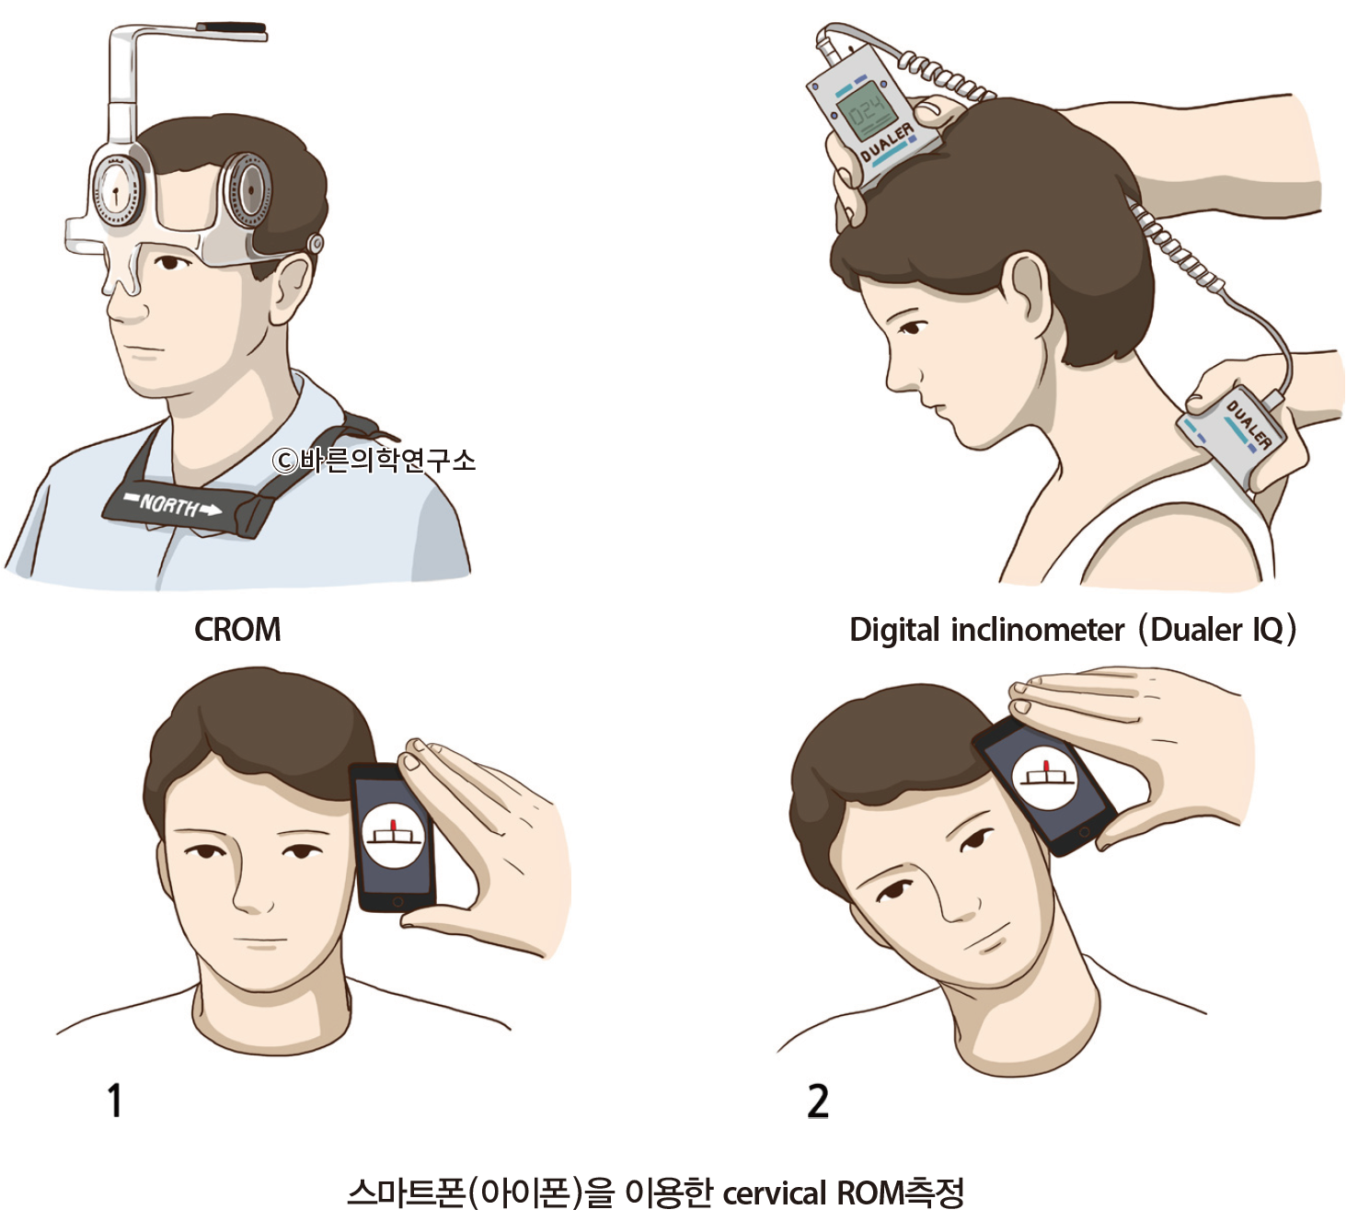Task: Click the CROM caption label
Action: (237, 630)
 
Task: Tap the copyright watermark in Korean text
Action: (374, 460)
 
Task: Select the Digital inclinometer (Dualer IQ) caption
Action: (1072, 630)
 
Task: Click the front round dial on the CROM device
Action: (116, 192)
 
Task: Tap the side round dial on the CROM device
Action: (247, 190)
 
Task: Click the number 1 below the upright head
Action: (115, 1101)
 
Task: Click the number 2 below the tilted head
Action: (818, 1101)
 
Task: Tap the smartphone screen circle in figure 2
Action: (1045, 777)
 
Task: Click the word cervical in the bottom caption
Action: (775, 1193)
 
